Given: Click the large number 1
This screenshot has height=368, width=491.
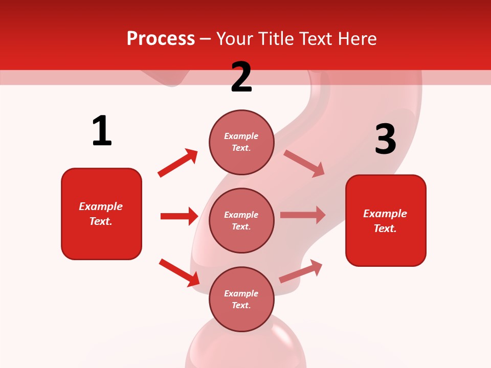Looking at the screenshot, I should pos(102,131).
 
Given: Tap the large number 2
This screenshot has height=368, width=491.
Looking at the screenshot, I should pos(241,77).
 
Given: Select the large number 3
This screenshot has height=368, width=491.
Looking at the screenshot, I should pos(385,140).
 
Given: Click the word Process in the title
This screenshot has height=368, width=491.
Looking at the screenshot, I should pos(161,38).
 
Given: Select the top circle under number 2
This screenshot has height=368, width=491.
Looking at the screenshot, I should pos(241,142).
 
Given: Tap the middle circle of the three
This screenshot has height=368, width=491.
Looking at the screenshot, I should pos(241,220).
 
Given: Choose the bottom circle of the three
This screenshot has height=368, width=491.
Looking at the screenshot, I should pos(241,299).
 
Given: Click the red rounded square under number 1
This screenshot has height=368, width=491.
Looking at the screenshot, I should pos(101,214).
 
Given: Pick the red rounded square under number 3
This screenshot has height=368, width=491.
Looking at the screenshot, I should pos(386,220).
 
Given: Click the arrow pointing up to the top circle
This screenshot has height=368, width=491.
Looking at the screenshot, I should pos(178,163).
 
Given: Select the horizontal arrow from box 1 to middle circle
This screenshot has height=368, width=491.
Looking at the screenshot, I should pos(179,216).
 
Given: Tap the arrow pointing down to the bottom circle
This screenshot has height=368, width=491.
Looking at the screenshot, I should pos(179,272).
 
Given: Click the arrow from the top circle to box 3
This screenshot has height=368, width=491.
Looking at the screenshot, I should pos(304,163).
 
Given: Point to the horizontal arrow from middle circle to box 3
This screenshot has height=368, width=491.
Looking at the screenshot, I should pos(303,215).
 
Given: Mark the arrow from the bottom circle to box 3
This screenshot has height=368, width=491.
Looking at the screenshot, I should pos(301,271).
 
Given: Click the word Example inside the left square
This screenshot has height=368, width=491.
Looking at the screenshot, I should pos(101,206).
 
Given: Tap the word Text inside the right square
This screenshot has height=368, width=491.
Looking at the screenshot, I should pos(384,228).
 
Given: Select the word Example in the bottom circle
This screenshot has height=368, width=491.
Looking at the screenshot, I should pos(241,293).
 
